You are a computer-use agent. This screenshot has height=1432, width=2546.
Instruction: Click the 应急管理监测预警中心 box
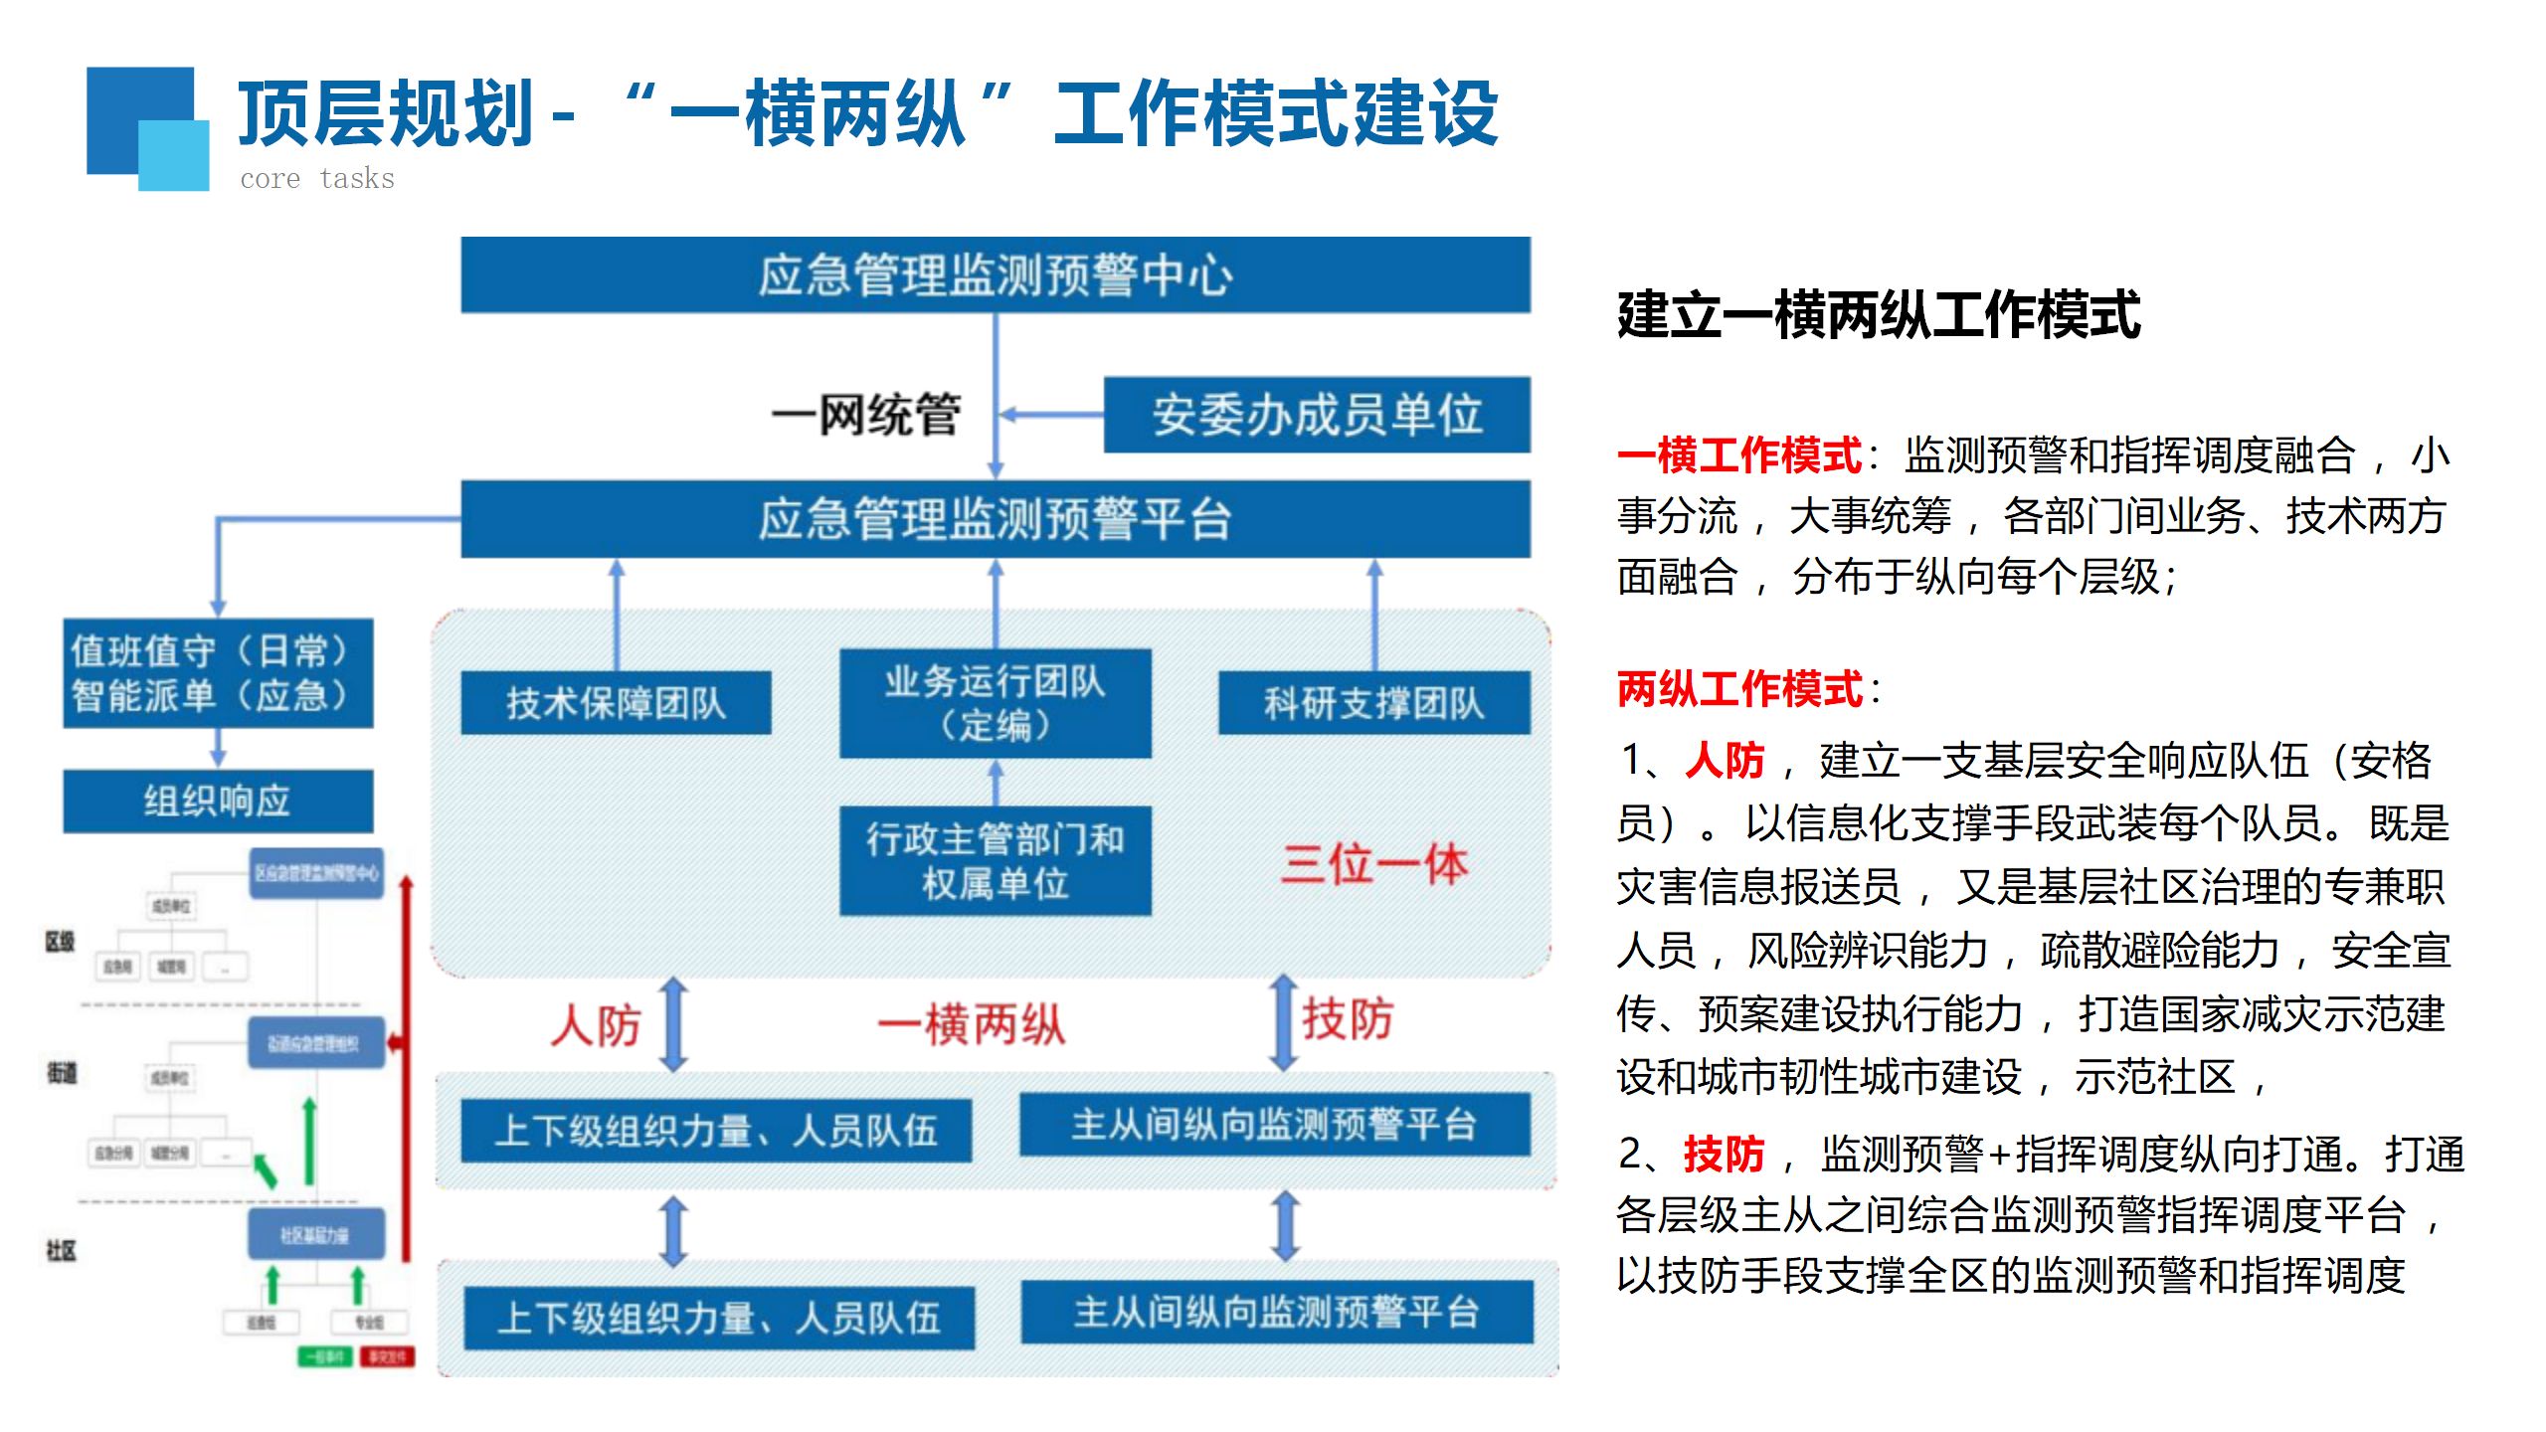click(x=995, y=275)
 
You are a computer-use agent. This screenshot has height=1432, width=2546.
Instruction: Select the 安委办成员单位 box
click(x=1317, y=415)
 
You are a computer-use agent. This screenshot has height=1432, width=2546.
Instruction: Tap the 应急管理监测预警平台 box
click(x=995, y=519)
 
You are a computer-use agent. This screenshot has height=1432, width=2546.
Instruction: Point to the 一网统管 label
click(x=866, y=415)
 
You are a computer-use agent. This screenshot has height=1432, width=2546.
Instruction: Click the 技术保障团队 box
click(x=616, y=703)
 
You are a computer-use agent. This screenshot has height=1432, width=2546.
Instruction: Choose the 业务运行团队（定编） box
click(x=995, y=703)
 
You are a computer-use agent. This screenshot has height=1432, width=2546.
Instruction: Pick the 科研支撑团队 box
click(x=1373, y=703)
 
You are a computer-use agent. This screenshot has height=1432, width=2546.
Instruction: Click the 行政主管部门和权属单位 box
click(x=995, y=860)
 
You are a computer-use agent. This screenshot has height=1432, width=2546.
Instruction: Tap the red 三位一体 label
click(x=1373, y=863)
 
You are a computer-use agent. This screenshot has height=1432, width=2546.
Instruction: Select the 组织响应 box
click(x=218, y=801)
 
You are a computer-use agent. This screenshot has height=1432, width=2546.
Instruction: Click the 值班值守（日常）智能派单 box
click(x=218, y=673)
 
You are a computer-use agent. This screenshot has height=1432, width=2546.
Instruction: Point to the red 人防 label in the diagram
click(x=596, y=1025)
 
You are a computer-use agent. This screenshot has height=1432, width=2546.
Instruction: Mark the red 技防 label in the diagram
click(x=1348, y=1019)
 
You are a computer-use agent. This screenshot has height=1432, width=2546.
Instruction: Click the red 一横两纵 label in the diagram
click(x=971, y=1025)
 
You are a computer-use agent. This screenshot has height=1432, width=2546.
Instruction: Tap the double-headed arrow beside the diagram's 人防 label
click(x=674, y=1024)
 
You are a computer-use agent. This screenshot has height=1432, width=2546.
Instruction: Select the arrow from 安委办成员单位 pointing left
click(x=1050, y=415)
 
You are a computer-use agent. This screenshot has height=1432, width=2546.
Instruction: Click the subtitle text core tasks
click(x=317, y=179)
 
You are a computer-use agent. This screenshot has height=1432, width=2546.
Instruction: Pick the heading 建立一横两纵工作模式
click(x=1879, y=316)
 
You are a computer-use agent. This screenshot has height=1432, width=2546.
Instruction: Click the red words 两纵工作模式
click(x=1740, y=689)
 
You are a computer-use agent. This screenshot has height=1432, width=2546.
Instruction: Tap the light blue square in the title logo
click(x=174, y=155)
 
